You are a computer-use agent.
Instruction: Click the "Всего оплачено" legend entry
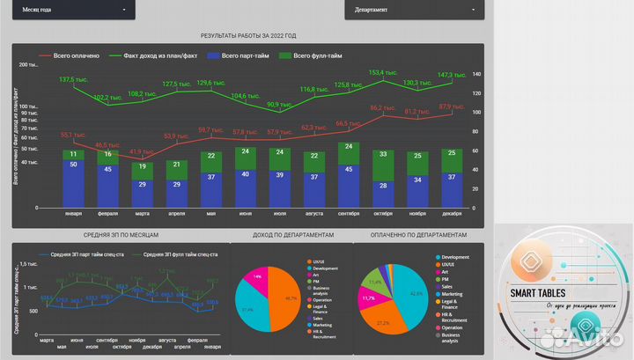coord(73,55)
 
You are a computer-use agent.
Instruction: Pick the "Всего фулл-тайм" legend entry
coord(310,55)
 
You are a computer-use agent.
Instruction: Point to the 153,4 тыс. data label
coord(380,73)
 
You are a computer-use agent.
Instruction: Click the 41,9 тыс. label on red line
coord(141,151)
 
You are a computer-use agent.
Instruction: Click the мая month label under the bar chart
coord(211,214)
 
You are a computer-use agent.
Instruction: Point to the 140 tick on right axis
coord(476,74)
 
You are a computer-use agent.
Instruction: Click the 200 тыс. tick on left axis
coord(28,66)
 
